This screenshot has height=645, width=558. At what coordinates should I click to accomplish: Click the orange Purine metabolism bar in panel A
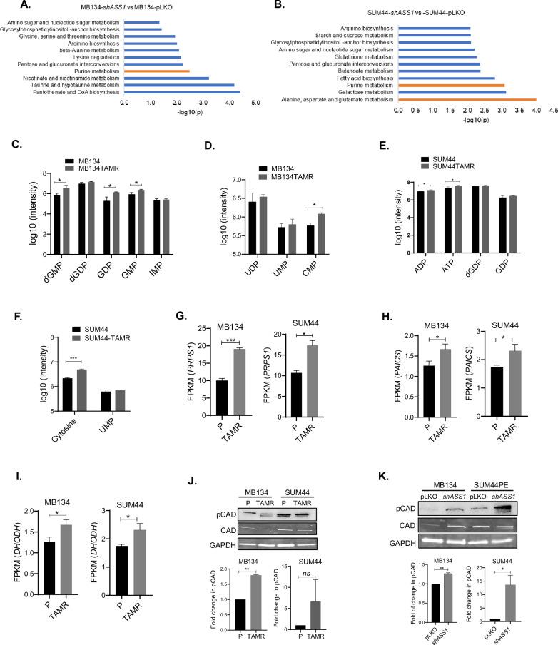tap(156, 71)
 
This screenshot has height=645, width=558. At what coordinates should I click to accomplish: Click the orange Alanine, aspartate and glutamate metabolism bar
tap(467, 99)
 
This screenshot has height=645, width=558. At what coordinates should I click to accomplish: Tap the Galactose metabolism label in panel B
tap(370, 91)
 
